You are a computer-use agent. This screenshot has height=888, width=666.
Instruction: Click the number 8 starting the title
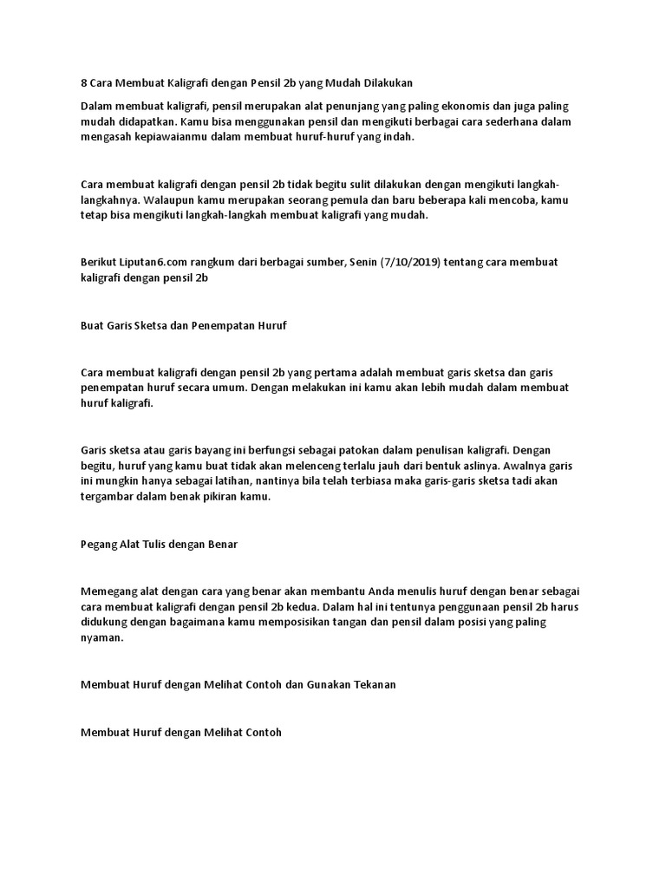tap(83, 83)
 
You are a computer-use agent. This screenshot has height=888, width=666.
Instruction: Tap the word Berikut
tap(98, 262)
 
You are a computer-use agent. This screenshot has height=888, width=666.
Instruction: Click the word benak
tap(190, 498)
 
